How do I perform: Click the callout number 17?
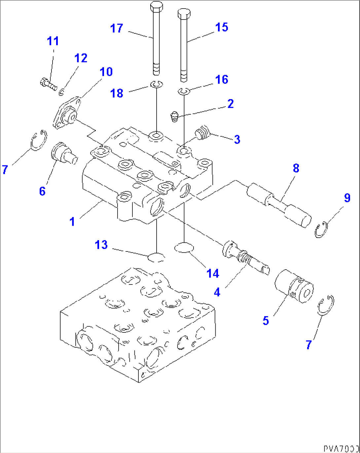(x=117, y=28)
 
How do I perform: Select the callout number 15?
(x=222, y=27)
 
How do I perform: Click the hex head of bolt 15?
(x=184, y=14)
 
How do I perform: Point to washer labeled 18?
(x=156, y=85)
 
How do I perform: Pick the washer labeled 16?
(x=184, y=91)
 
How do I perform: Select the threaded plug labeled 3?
(x=202, y=133)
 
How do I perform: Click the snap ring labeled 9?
(x=320, y=230)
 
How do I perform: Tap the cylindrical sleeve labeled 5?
(x=293, y=286)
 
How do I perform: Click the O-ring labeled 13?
(x=156, y=257)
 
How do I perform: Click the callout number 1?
(x=72, y=221)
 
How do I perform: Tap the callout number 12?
(x=81, y=58)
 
